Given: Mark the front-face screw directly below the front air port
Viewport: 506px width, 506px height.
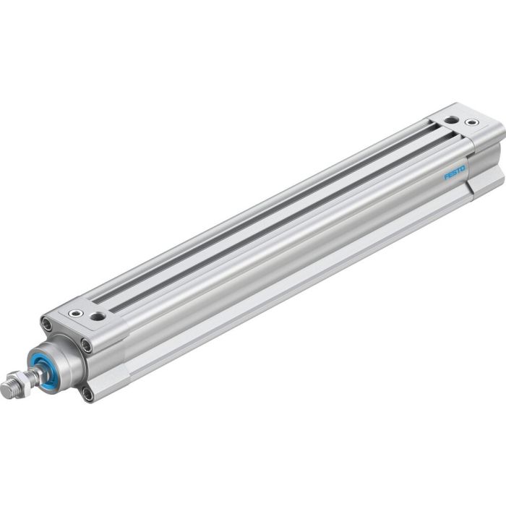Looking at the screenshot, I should point(87,348).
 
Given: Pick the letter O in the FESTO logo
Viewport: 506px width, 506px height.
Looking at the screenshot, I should point(445,168).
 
